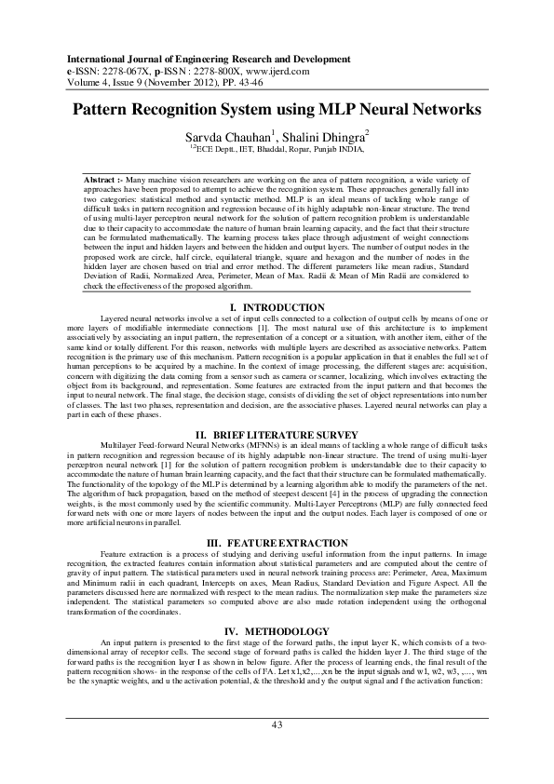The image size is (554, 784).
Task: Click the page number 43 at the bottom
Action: [277, 750]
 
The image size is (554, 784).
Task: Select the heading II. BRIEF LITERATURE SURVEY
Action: [277, 435]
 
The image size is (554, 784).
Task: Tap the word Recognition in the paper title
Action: [188, 110]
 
